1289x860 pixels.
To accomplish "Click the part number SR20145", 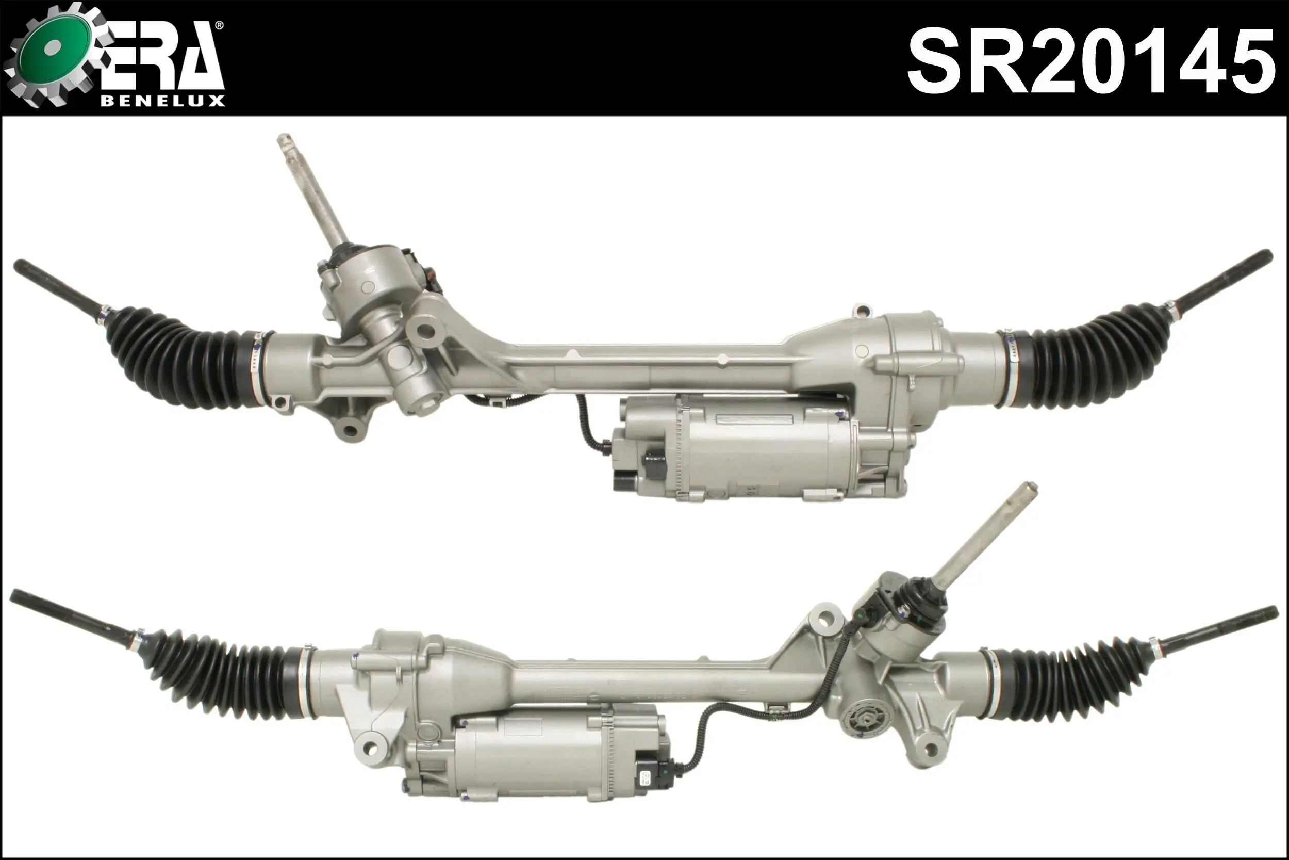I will click(1090, 61).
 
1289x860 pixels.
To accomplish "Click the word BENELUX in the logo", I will click(163, 101).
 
